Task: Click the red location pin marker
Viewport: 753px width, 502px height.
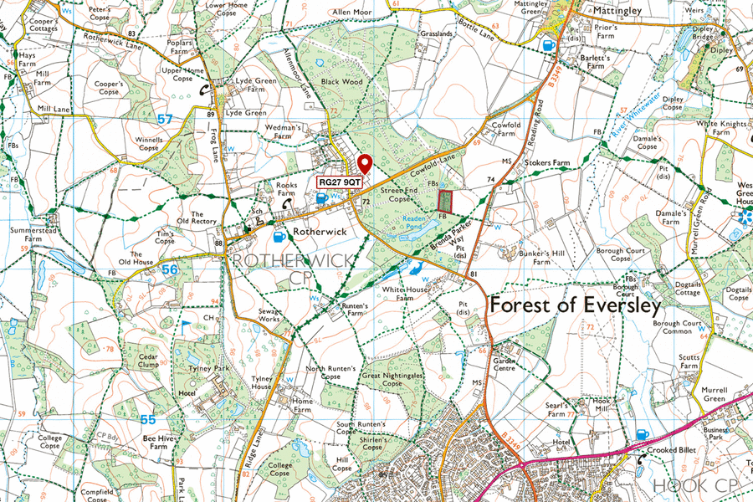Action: (364, 164)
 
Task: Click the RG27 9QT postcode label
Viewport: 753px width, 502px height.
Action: (340, 182)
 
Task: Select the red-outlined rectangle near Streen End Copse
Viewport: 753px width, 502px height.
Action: (446, 201)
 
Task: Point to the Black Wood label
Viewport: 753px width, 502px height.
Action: (341, 82)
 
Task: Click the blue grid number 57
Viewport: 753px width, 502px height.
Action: (165, 120)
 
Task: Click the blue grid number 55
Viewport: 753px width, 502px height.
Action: (148, 419)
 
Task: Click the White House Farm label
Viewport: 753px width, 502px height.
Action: (399, 294)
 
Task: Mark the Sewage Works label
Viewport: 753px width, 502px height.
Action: (269, 315)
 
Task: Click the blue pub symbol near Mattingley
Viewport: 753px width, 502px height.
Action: (548, 46)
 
